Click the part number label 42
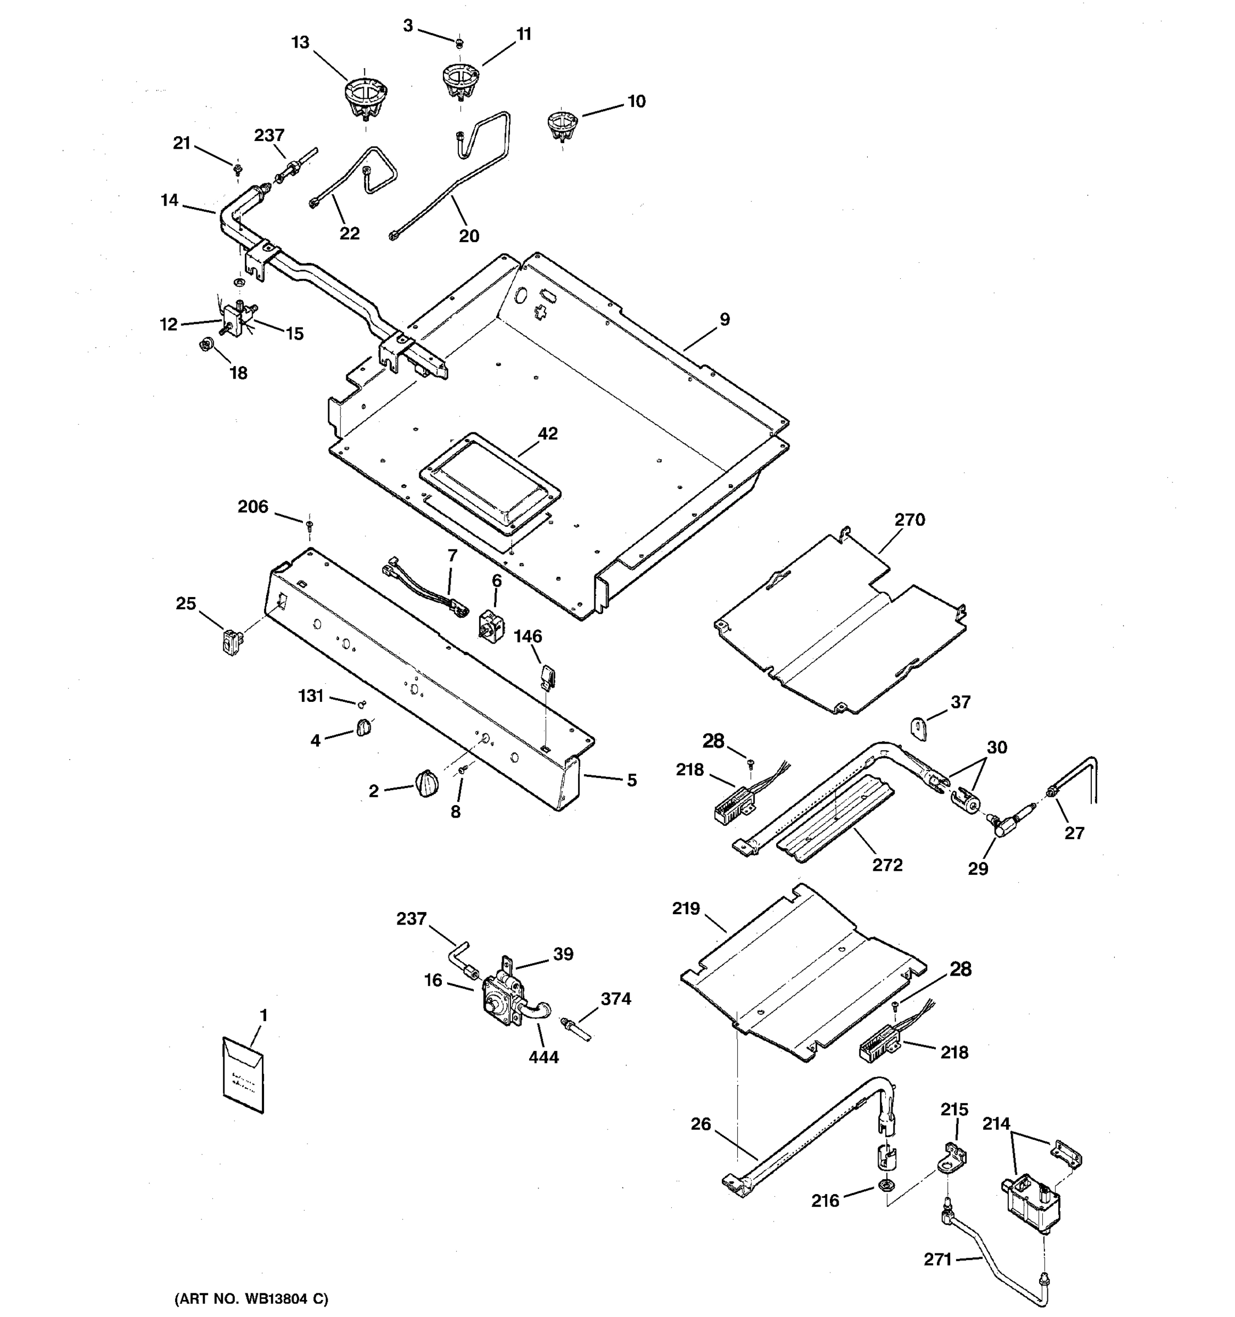pos(547,434)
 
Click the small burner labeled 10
pos(562,126)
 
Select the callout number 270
pos(909,520)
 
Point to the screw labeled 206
pos(308,525)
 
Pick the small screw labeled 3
pos(459,43)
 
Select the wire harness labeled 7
pos(422,585)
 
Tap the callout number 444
pos(543,1057)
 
